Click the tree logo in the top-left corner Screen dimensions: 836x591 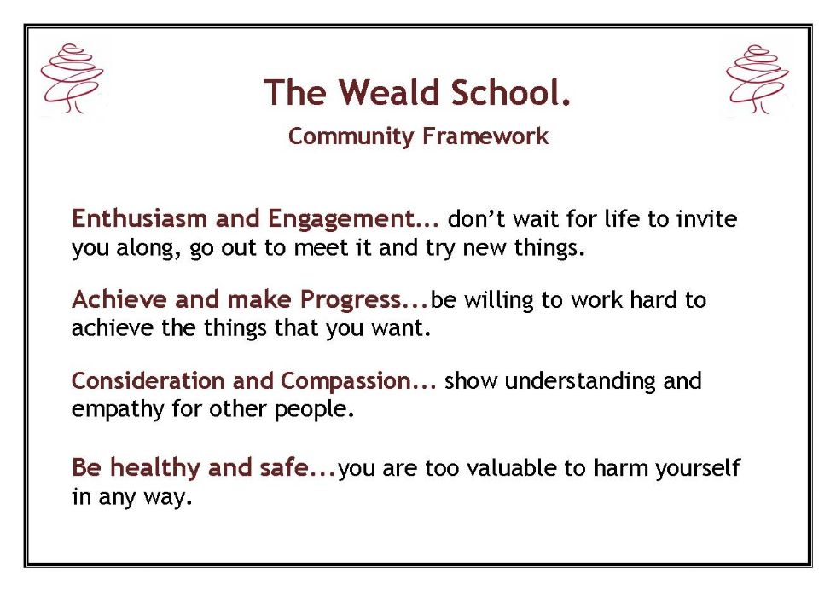(72, 78)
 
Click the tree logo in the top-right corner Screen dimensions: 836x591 (758, 79)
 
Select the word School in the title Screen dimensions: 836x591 (505, 92)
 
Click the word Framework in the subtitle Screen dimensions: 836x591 (485, 136)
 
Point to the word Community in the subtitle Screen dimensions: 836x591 (351, 137)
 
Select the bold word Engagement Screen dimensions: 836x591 (341, 219)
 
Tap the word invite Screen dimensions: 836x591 (707, 219)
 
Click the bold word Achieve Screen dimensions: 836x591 (119, 299)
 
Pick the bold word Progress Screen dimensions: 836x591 (351, 300)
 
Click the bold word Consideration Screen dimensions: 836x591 (148, 380)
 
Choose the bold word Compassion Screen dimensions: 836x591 (345, 381)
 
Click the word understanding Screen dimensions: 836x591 (580, 381)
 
